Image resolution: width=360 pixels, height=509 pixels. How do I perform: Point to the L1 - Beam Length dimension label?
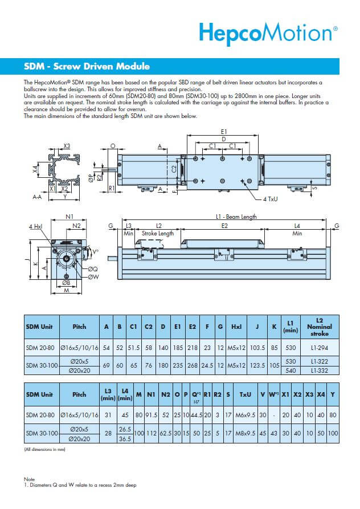pos(236,217)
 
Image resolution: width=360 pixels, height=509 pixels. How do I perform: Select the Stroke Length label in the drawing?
pos(158,234)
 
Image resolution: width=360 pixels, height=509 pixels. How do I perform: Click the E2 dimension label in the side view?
pos(224,226)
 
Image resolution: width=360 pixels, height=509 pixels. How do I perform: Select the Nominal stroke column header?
pos(319,329)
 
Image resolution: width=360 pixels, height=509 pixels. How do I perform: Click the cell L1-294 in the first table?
pos(319,347)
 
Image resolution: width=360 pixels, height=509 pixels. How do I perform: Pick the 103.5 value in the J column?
pos(257,347)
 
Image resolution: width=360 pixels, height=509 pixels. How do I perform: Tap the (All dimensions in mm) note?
pos(45,450)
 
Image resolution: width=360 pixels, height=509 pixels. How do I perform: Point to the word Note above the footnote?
pos(29,479)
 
